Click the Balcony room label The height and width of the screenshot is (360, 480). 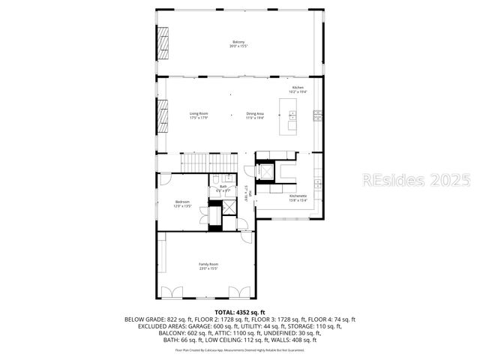238,43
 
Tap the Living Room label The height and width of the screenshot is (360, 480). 198,115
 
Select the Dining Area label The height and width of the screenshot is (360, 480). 256,115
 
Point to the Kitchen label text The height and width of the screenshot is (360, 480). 298,89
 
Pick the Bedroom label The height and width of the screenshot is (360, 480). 182,203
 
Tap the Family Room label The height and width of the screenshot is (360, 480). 208,265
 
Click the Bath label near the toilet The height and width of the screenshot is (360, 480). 223,187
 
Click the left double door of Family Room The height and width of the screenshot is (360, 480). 172,292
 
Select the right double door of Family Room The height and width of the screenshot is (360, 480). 239,292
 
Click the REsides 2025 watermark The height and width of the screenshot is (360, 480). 417,180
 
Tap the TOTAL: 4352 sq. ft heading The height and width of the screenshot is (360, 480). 240,311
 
